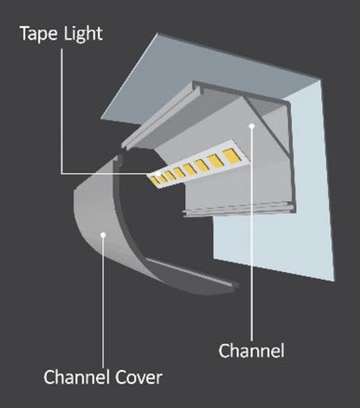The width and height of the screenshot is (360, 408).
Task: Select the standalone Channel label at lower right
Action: point(251,351)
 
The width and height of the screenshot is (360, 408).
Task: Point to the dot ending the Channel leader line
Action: point(251,126)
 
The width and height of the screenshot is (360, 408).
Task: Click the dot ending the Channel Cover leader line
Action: point(103,231)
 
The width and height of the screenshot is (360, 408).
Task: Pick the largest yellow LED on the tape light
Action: point(229,156)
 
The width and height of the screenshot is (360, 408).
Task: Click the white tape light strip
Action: point(195,167)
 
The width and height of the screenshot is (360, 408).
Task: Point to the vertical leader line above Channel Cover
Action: point(103,303)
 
